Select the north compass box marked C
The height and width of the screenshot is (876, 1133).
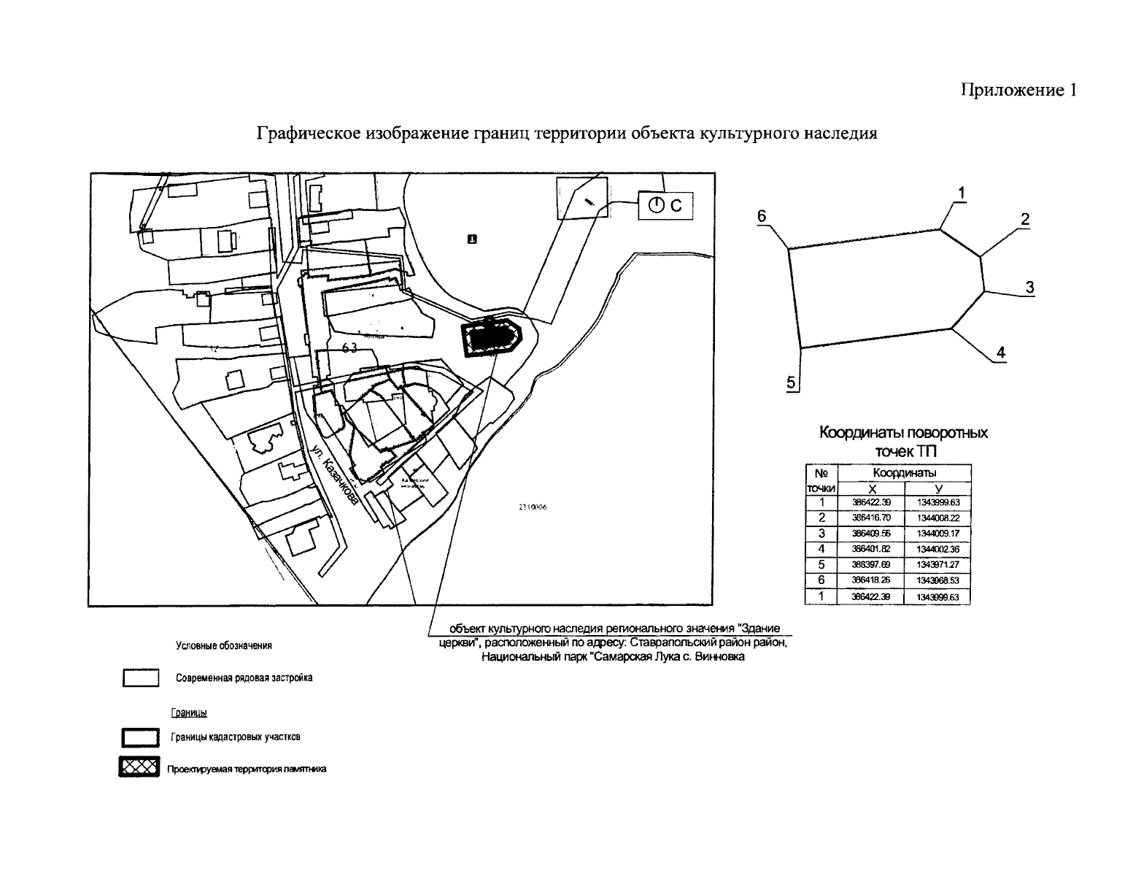(x=665, y=206)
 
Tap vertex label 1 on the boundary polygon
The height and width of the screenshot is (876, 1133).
(x=962, y=193)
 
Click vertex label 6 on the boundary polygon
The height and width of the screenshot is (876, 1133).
(x=762, y=216)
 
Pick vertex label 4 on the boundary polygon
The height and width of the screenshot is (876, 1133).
(x=1001, y=352)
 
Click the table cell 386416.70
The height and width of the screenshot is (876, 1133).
(x=870, y=518)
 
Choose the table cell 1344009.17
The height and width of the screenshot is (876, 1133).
(x=937, y=534)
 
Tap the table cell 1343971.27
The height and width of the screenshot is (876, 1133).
(x=937, y=565)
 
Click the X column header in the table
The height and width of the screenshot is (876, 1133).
(x=870, y=489)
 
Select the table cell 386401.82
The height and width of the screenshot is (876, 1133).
(x=870, y=549)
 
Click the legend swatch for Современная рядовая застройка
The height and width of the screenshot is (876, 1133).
(x=141, y=678)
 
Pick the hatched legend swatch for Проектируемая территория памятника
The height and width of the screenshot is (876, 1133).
(x=139, y=769)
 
